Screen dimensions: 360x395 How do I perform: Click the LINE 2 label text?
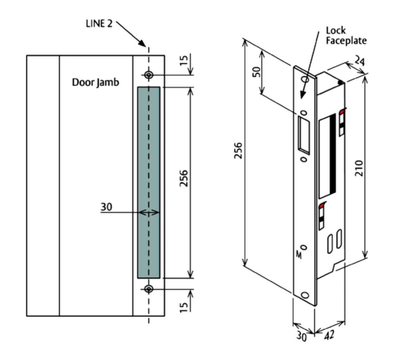pos(99,24)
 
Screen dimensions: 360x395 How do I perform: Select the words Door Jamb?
pos(96,82)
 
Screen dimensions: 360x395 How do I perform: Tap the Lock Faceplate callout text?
pos(346,35)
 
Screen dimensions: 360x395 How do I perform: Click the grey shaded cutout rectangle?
pos(149,182)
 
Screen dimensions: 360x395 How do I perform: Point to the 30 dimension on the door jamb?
pos(106,207)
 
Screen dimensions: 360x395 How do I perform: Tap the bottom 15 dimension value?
pos(184,306)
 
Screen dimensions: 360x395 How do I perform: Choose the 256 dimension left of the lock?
pos(238,152)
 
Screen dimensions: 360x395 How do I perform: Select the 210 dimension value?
pos(359,168)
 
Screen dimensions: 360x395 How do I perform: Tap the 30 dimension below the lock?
pos(302,336)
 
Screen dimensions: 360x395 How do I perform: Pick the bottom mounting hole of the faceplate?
pos(305,295)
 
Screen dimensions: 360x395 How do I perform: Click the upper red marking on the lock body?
pos(342,112)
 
